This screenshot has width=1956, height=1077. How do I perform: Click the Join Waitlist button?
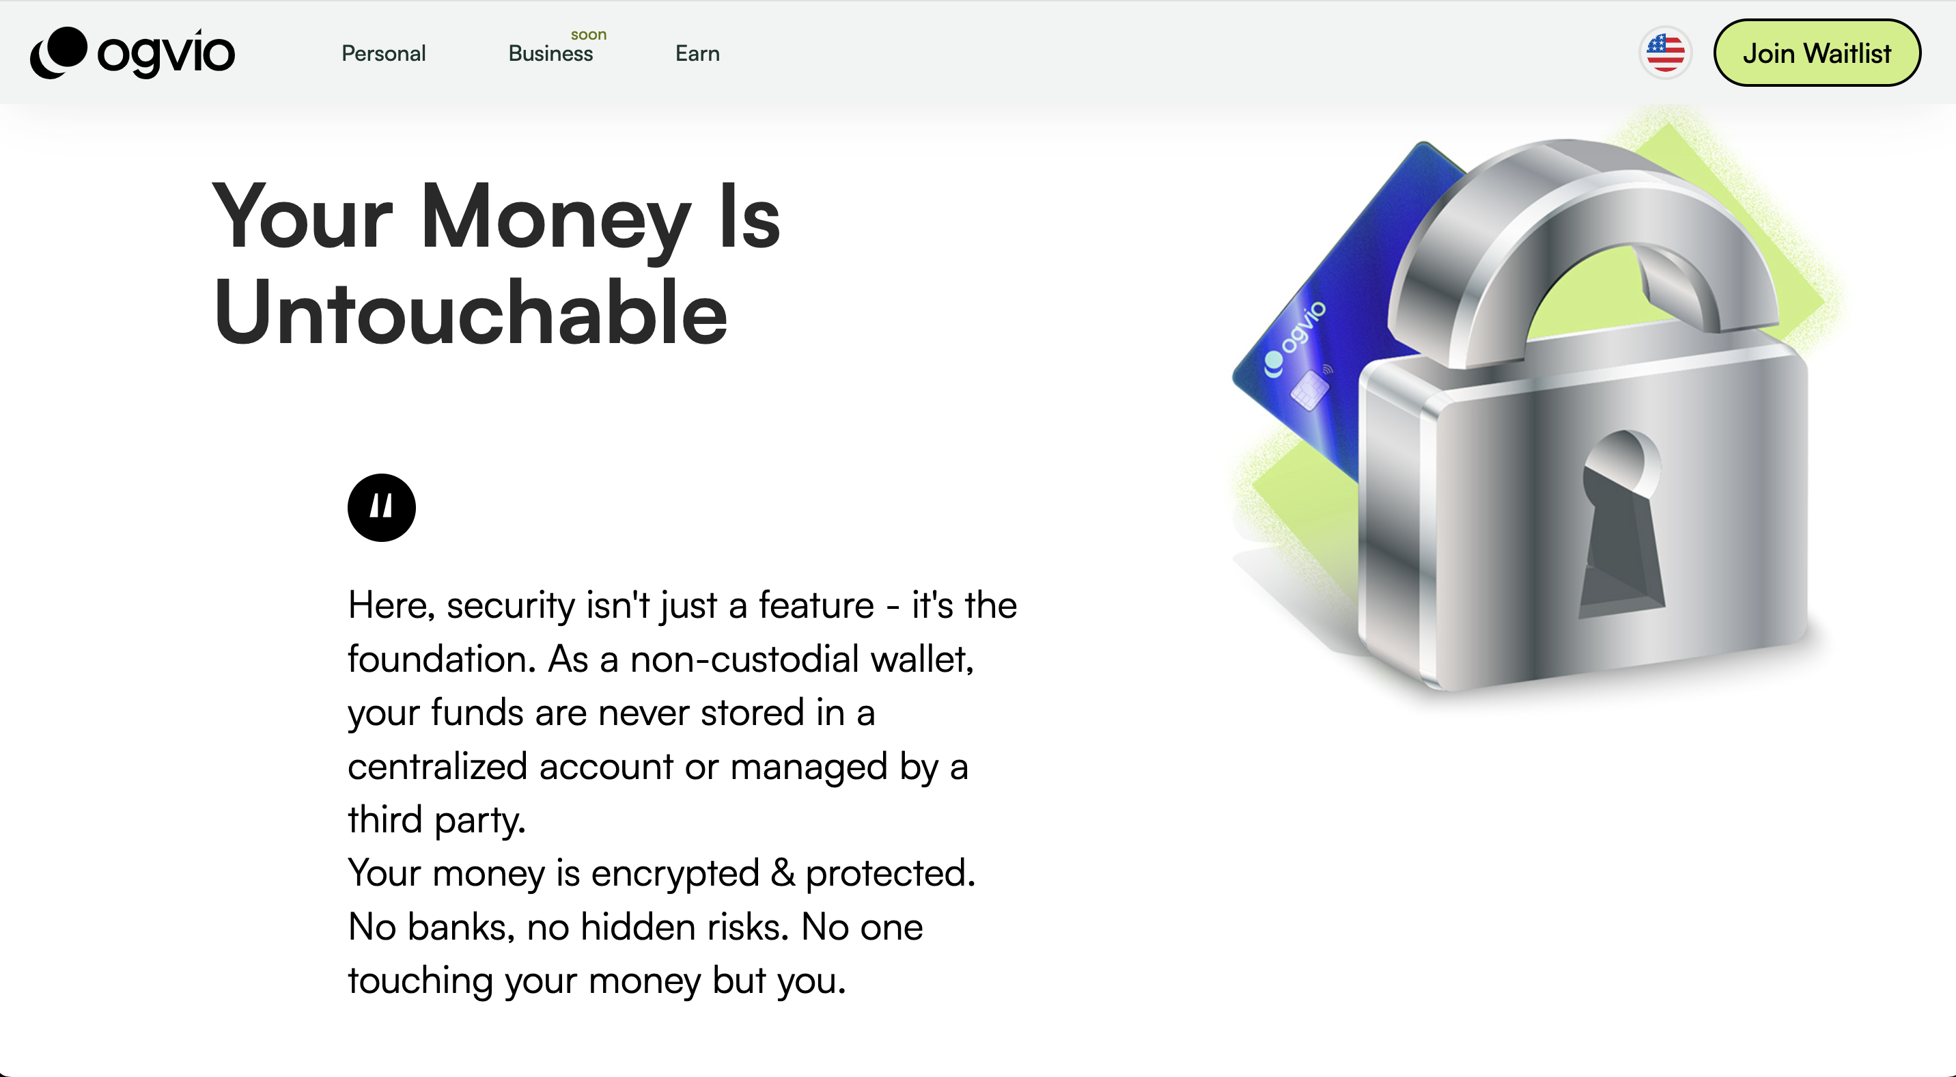tap(1816, 53)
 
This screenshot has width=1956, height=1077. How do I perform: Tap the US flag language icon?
tap(1665, 53)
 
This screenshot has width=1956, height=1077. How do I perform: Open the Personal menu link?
tap(383, 53)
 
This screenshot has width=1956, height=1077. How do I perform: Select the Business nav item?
tap(550, 53)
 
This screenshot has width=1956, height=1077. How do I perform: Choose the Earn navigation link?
tap(697, 53)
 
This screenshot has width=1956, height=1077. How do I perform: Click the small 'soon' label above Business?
tap(589, 35)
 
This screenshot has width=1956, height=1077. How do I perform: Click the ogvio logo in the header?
tap(133, 53)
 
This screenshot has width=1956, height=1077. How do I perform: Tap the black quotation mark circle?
tap(381, 507)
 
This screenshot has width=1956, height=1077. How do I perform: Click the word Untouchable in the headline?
tap(471, 313)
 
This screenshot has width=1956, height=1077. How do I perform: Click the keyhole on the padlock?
tap(1621, 524)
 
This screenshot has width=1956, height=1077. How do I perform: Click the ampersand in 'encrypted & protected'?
tap(782, 873)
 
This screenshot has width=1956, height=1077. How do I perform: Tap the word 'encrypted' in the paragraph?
tap(675, 873)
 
